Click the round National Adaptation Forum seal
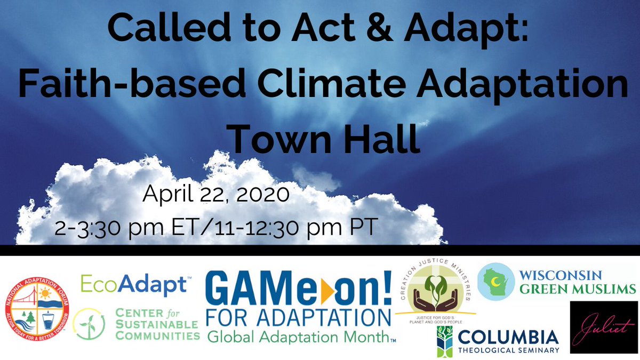click(x=36, y=311)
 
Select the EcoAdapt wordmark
click(x=133, y=284)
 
